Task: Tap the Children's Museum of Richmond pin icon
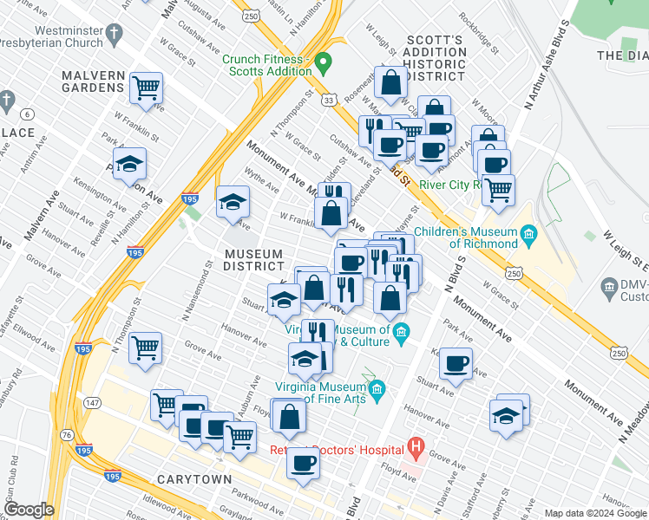click(526, 235)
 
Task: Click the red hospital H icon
click(416, 449)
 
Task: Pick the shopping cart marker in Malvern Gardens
click(146, 88)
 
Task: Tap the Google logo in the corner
click(28, 510)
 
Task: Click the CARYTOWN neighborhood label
click(193, 479)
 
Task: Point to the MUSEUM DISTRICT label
click(253, 260)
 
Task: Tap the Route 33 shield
click(328, 101)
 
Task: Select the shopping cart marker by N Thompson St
click(145, 348)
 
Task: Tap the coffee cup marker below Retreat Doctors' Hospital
click(303, 464)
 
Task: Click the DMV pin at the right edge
click(606, 285)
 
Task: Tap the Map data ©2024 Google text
click(594, 513)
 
